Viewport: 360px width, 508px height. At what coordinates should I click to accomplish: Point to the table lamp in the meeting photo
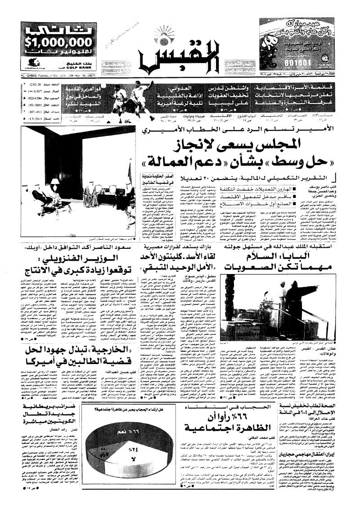click(x=55, y=182)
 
